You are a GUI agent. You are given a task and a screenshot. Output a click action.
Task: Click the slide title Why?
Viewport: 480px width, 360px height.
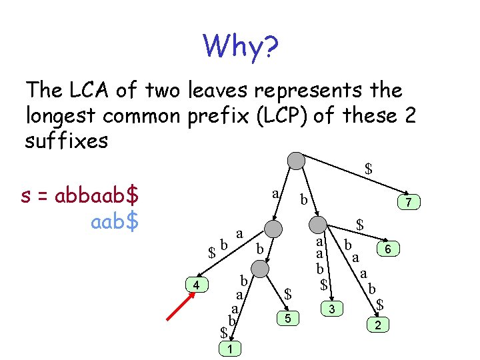click(241, 47)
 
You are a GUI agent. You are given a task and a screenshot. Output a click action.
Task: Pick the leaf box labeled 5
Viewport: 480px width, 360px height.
click(287, 319)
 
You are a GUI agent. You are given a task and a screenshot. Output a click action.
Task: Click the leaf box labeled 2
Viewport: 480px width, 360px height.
click(378, 325)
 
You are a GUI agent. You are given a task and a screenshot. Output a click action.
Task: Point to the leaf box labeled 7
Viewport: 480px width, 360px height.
click(409, 201)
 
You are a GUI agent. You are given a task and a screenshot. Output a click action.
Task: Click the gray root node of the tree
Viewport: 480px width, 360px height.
click(296, 161)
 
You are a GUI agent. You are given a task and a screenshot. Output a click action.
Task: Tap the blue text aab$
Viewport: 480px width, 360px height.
click(114, 221)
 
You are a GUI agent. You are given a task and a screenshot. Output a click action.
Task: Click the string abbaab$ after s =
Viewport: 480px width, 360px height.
click(97, 197)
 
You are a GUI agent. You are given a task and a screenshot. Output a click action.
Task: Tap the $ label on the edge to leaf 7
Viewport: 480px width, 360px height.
click(368, 169)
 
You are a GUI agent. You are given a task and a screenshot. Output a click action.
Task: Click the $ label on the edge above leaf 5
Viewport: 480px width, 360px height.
click(288, 293)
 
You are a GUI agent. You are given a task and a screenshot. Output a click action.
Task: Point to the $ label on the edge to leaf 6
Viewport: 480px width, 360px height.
click(359, 225)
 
